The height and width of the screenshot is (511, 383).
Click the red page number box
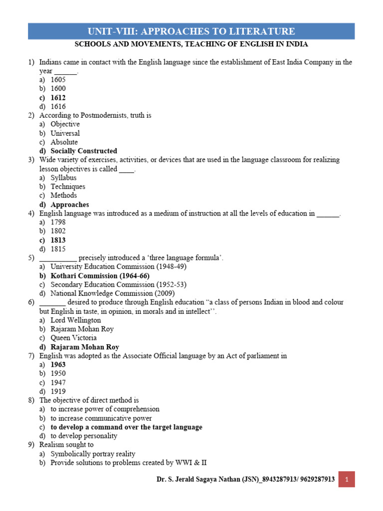(347, 480)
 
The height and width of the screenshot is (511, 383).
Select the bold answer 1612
(58, 98)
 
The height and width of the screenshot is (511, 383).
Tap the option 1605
(58, 80)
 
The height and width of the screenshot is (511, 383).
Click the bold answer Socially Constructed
(84, 151)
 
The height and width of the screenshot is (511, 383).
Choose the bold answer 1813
(58, 240)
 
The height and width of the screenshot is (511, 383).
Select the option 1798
(58, 222)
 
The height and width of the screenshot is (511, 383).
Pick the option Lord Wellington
(76, 320)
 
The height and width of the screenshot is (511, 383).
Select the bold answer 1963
(58, 365)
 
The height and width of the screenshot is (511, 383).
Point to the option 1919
(58, 392)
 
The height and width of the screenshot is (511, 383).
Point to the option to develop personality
(84, 436)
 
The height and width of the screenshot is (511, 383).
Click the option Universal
(65, 133)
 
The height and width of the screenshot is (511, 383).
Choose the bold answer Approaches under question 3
(70, 205)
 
